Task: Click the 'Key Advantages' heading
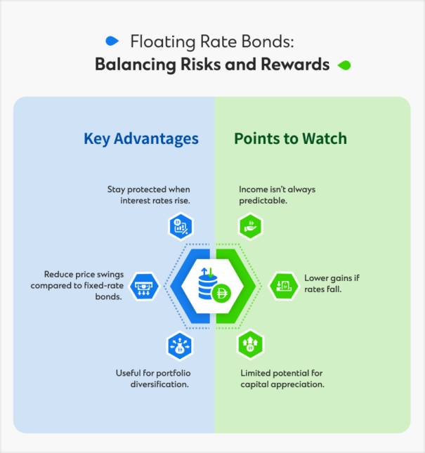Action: click(x=141, y=138)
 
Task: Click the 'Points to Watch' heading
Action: click(x=290, y=138)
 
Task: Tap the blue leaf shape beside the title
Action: click(x=110, y=39)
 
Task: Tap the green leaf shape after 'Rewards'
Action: click(x=344, y=65)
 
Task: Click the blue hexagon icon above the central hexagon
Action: click(x=180, y=227)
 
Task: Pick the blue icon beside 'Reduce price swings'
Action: click(x=145, y=285)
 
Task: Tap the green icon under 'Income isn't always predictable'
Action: click(x=250, y=227)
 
